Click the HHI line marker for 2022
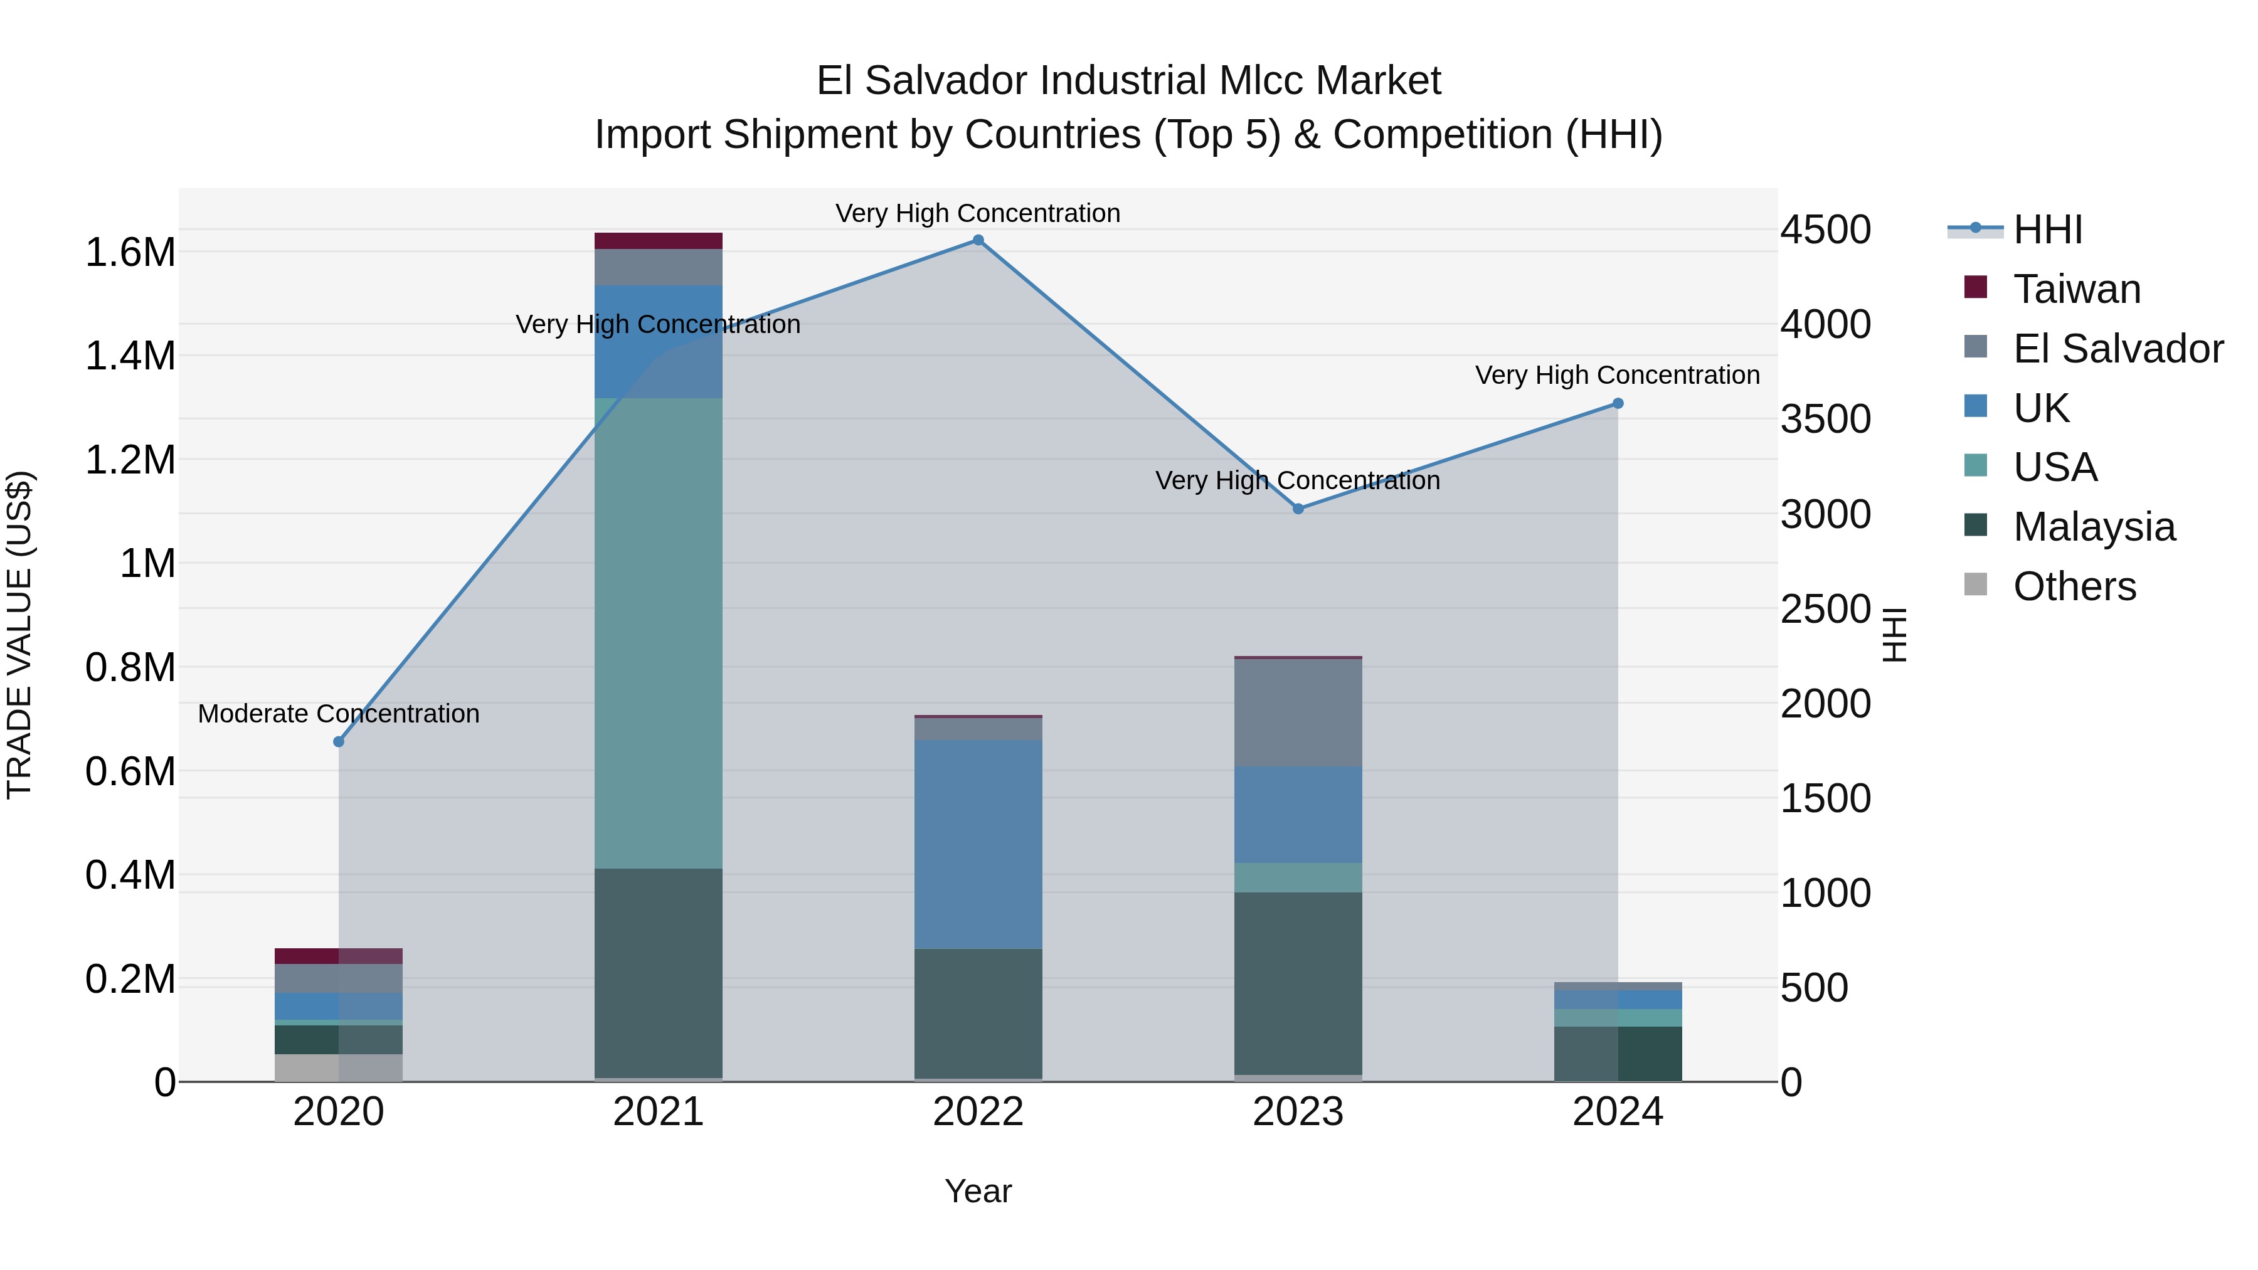978,240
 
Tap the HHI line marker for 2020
339,741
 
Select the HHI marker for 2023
1298,509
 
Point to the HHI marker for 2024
1618,403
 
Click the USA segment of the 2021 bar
659,633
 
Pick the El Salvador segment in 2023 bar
1298,712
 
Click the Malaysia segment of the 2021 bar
659,973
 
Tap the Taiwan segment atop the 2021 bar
659,241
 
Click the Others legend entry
2074,586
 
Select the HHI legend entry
2048,230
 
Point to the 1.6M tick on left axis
130,252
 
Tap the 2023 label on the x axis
1298,1112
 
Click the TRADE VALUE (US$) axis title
20,635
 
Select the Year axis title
978,1191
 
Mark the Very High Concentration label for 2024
1617,375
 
